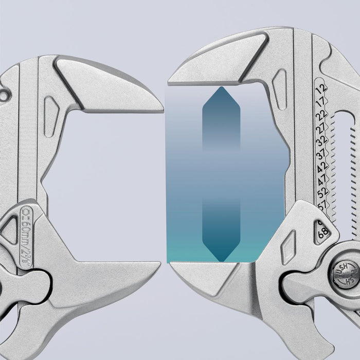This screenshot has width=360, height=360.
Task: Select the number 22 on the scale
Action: pyautogui.click(x=321, y=114)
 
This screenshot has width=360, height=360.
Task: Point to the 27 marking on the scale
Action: pyautogui.click(x=322, y=127)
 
